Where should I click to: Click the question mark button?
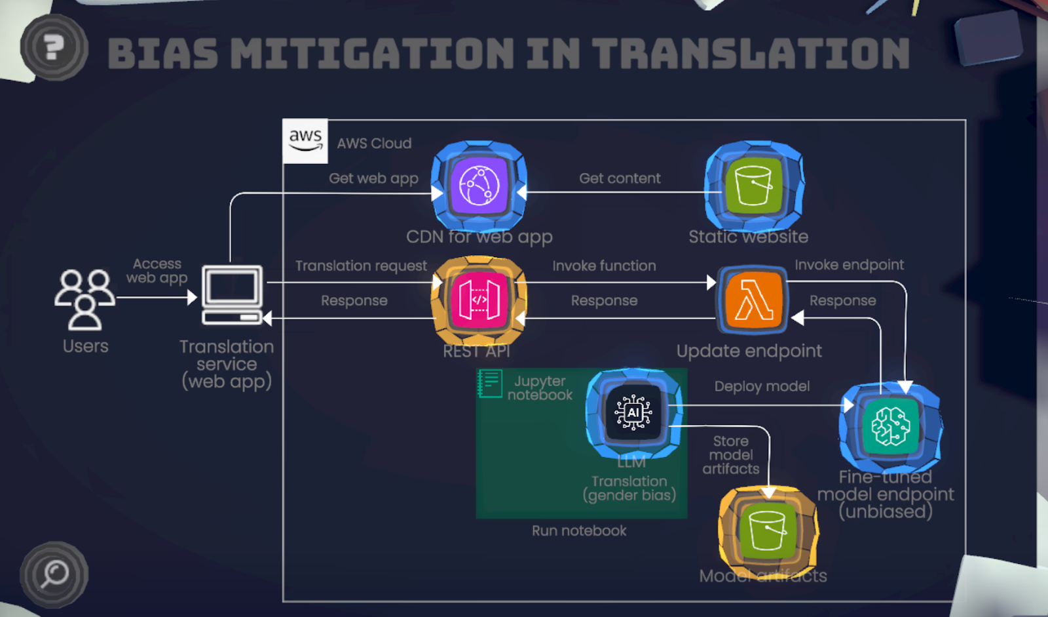pos(54,47)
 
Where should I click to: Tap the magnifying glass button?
pos(54,574)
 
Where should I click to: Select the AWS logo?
pos(305,140)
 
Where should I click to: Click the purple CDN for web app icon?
pos(479,186)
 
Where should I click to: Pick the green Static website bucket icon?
pos(753,186)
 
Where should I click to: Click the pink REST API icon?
pos(479,300)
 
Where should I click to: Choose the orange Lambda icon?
pos(753,300)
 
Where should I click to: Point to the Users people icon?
pos(84,299)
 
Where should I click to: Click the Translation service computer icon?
pos(233,295)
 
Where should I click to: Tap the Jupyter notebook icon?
pos(489,384)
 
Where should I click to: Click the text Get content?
pos(620,178)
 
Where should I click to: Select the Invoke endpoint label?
pos(849,265)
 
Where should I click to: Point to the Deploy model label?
pos(762,386)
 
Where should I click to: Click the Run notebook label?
pos(579,530)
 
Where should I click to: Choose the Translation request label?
pos(361,266)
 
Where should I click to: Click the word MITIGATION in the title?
pos(373,53)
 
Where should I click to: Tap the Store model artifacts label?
pos(731,455)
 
